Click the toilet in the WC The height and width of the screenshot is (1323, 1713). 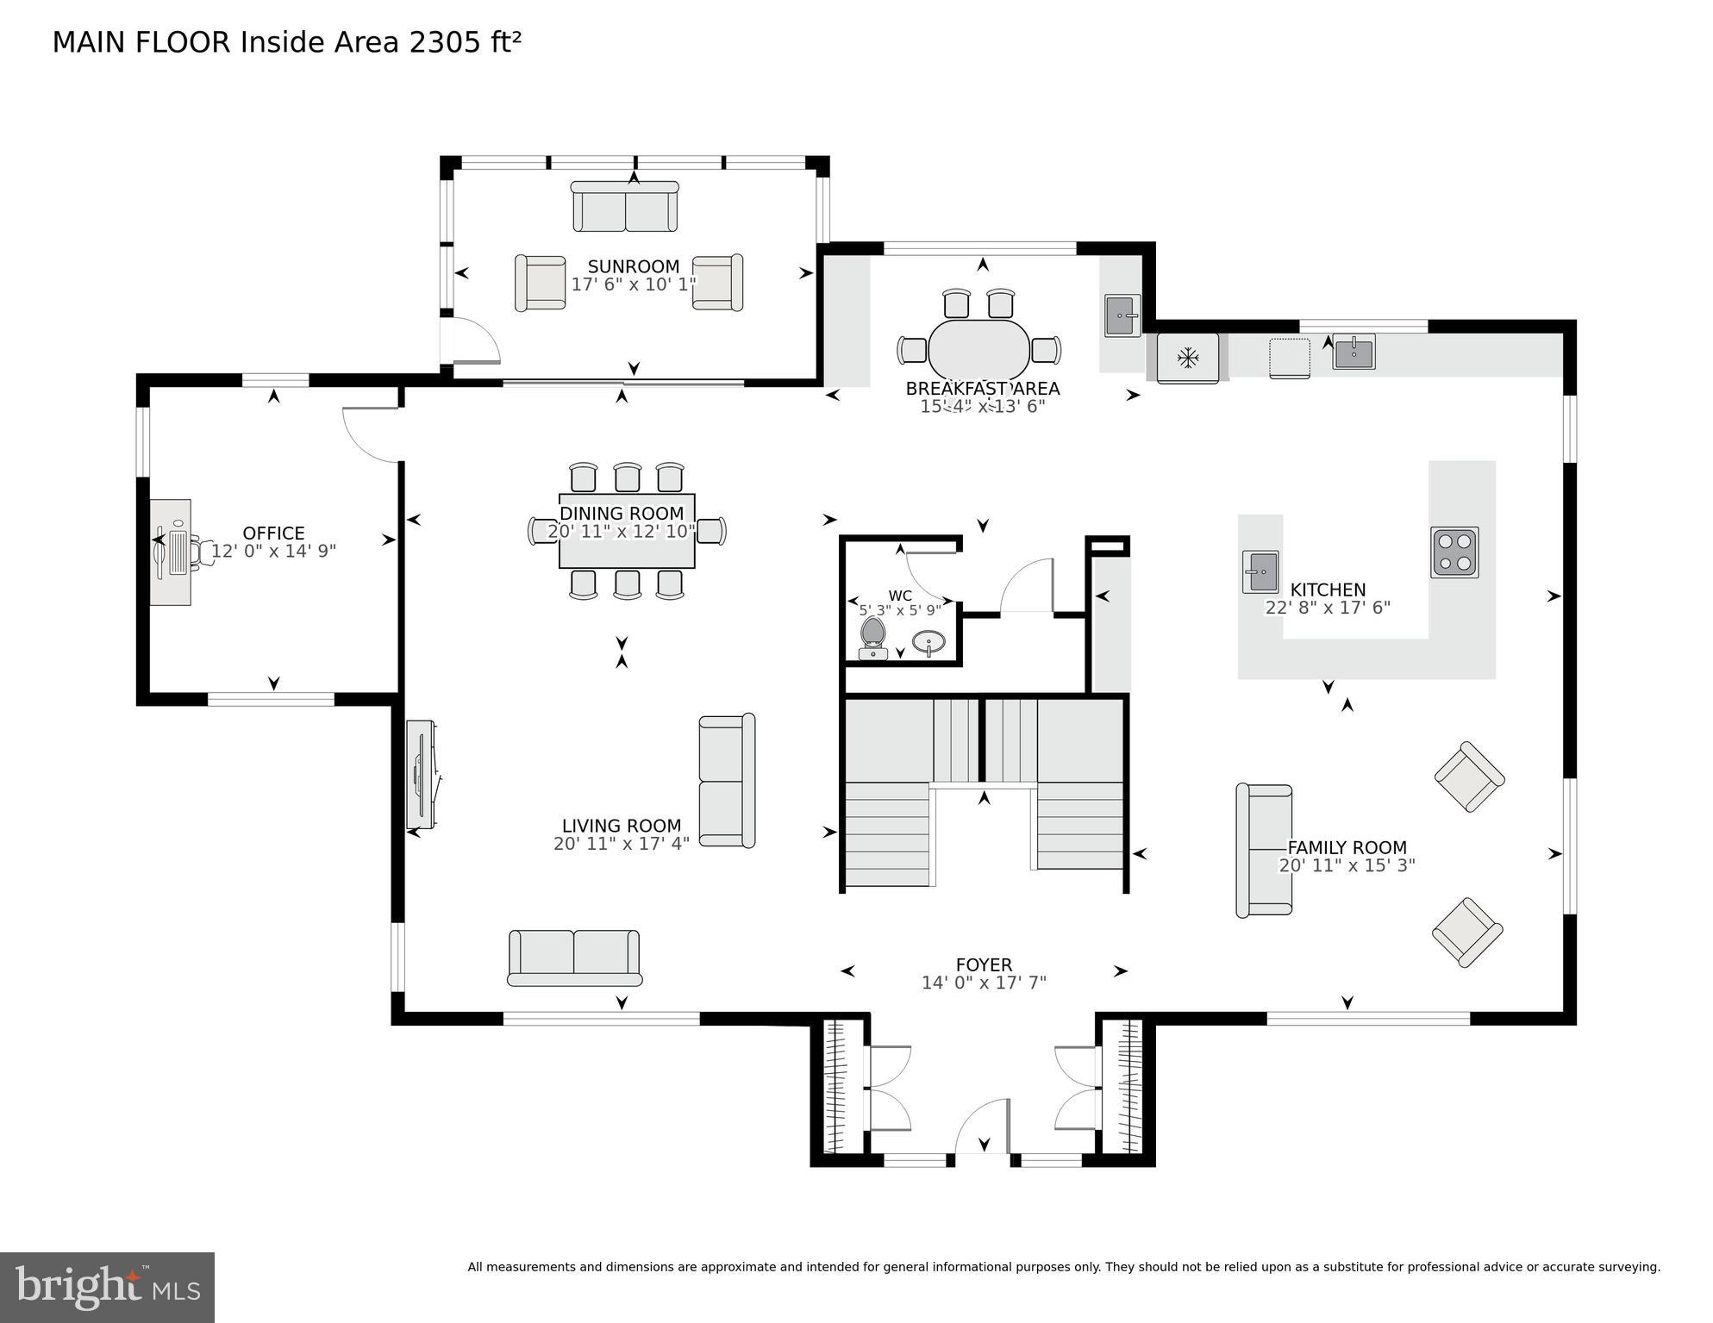pos(873,636)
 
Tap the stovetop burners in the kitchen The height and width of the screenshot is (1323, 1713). pos(1454,552)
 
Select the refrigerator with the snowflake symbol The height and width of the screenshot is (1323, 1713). pos(1187,357)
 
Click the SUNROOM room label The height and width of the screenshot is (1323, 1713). pos(634,266)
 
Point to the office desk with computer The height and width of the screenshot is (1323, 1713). pos(172,552)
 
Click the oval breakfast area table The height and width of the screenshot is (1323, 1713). pos(978,349)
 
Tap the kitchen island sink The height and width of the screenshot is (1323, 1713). pos(1260,571)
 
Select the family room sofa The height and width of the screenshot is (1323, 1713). pos(1264,850)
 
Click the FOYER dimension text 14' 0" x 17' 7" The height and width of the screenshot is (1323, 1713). pos(984,983)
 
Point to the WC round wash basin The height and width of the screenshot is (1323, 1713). pos(928,642)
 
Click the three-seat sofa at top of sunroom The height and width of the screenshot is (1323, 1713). pos(625,207)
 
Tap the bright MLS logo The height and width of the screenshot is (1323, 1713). pos(107,1287)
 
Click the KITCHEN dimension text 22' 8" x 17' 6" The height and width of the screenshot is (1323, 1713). pos(1328,608)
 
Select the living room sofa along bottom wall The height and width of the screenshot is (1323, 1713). pos(574,958)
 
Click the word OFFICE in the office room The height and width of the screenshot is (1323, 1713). pos(273,533)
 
